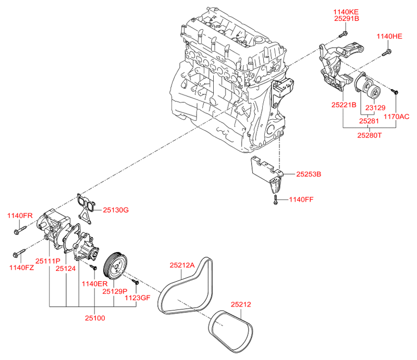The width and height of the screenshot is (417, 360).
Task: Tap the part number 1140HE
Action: pos(390,36)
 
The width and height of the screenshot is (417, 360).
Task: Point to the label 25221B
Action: pos(343,105)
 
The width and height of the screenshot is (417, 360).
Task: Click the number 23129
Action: pos(375,108)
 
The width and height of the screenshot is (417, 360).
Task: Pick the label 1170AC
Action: pos(397,117)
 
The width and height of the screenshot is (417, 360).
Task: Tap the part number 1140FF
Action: pos(302,199)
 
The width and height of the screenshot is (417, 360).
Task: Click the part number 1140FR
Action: pos(20,216)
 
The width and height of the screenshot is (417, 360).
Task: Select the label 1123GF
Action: pos(138,298)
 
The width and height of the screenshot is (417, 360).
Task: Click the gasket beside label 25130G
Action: pos(85,206)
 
